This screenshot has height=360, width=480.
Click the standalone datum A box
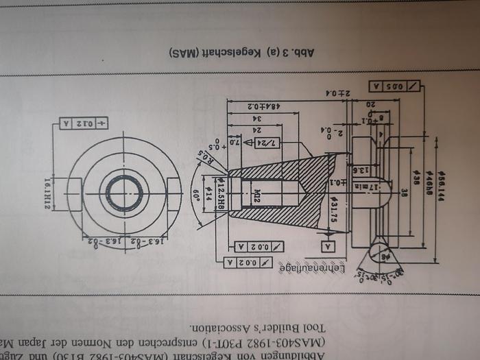point(328,245)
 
